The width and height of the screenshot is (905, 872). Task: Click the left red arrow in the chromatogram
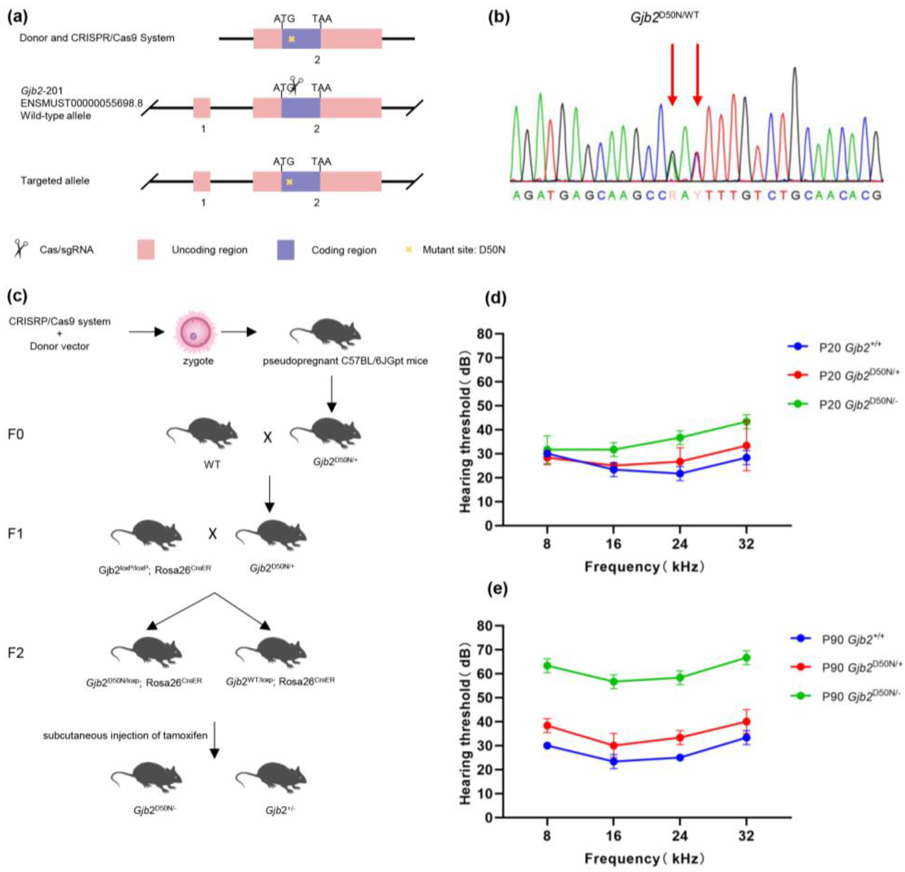point(672,74)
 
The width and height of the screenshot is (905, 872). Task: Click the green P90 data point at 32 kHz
point(746,658)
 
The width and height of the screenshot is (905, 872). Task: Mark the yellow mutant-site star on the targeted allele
point(289,182)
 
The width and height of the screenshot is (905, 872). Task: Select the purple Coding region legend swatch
point(285,250)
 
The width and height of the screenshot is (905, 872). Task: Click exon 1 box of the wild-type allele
point(202,108)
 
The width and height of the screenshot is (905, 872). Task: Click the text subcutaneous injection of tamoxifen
point(125,735)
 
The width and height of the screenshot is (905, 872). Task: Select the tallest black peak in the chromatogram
point(795,69)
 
